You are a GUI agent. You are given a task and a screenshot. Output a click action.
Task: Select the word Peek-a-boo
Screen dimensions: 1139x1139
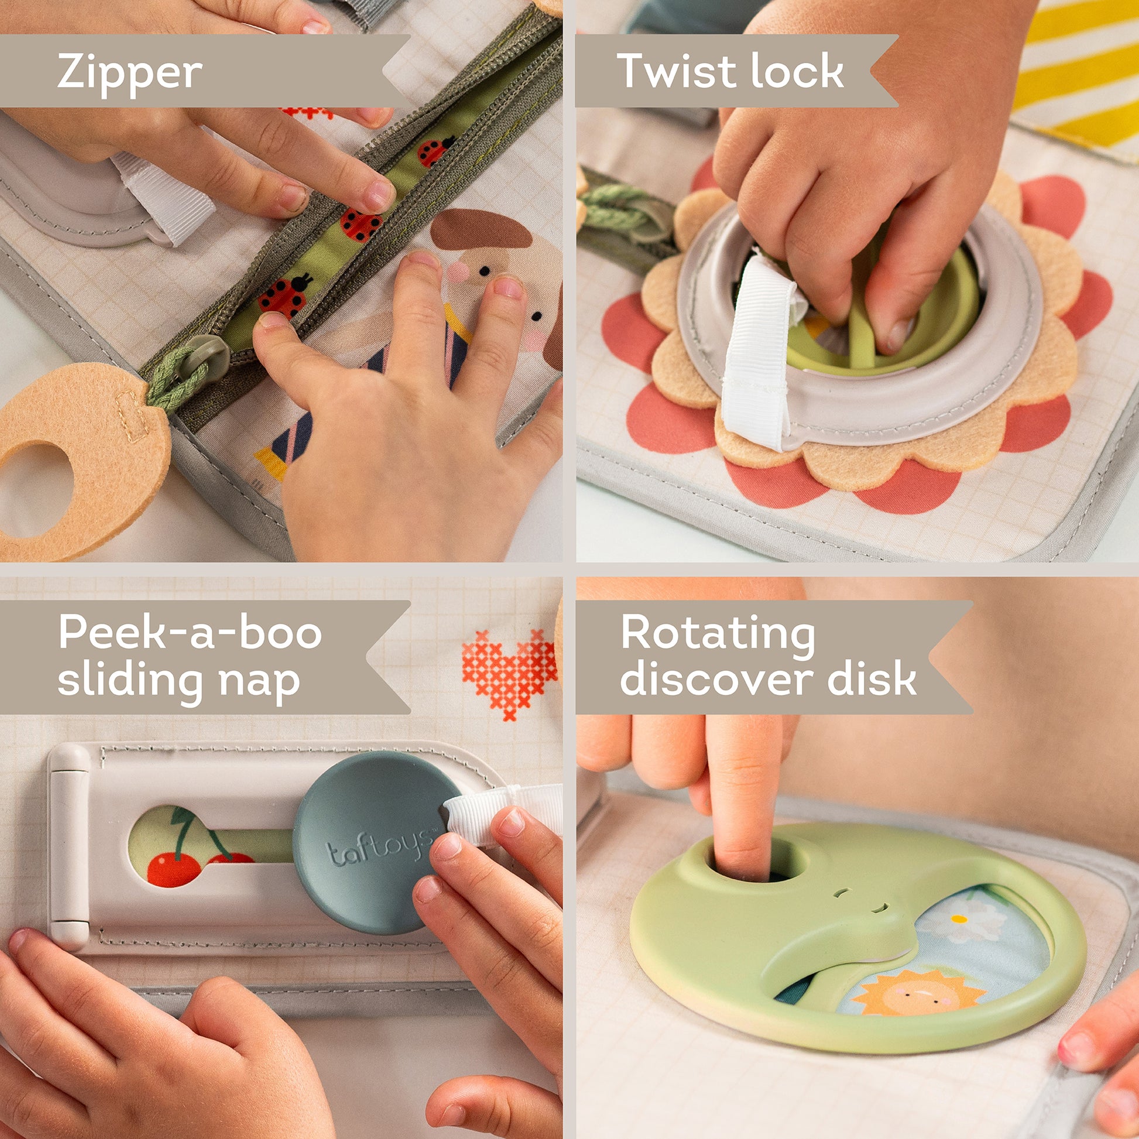tap(190, 632)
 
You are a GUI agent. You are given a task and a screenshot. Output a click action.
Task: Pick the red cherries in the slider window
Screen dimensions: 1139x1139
tap(177, 867)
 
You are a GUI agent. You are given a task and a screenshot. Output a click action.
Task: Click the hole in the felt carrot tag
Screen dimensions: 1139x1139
tap(35, 489)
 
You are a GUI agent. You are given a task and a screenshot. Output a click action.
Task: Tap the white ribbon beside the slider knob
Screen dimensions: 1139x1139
tap(501, 814)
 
